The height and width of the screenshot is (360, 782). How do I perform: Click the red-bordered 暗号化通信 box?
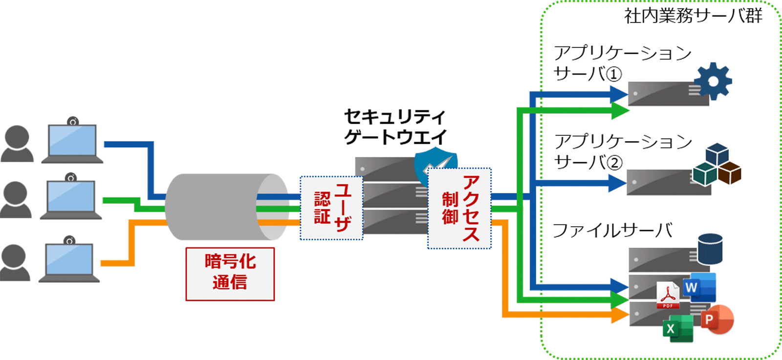(x=230, y=274)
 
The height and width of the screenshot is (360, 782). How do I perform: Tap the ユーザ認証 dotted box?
(x=331, y=208)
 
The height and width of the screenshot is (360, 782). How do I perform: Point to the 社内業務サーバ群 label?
(x=693, y=16)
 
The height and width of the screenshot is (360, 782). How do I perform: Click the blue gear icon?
(x=713, y=81)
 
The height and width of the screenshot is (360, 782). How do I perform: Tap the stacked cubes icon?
(x=717, y=165)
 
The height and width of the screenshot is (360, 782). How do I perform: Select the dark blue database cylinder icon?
(x=710, y=249)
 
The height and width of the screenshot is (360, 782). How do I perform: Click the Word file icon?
(x=699, y=287)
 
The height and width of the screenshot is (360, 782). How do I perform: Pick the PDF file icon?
(x=668, y=296)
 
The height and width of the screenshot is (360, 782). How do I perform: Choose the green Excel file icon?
(x=678, y=328)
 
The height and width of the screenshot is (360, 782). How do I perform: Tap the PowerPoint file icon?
(x=717, y=320)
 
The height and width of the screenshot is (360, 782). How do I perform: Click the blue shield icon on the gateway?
(x=435, y=164)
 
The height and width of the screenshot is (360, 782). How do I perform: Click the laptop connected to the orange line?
(x=69, y=261)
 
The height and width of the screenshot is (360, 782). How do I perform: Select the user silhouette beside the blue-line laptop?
(x=18, y=144)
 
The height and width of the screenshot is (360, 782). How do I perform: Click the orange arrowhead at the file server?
(x=619, y=315)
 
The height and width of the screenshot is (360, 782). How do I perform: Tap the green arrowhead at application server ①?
(x=619, y=111)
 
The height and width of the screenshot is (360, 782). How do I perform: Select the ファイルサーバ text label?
(x=612, y=230)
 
